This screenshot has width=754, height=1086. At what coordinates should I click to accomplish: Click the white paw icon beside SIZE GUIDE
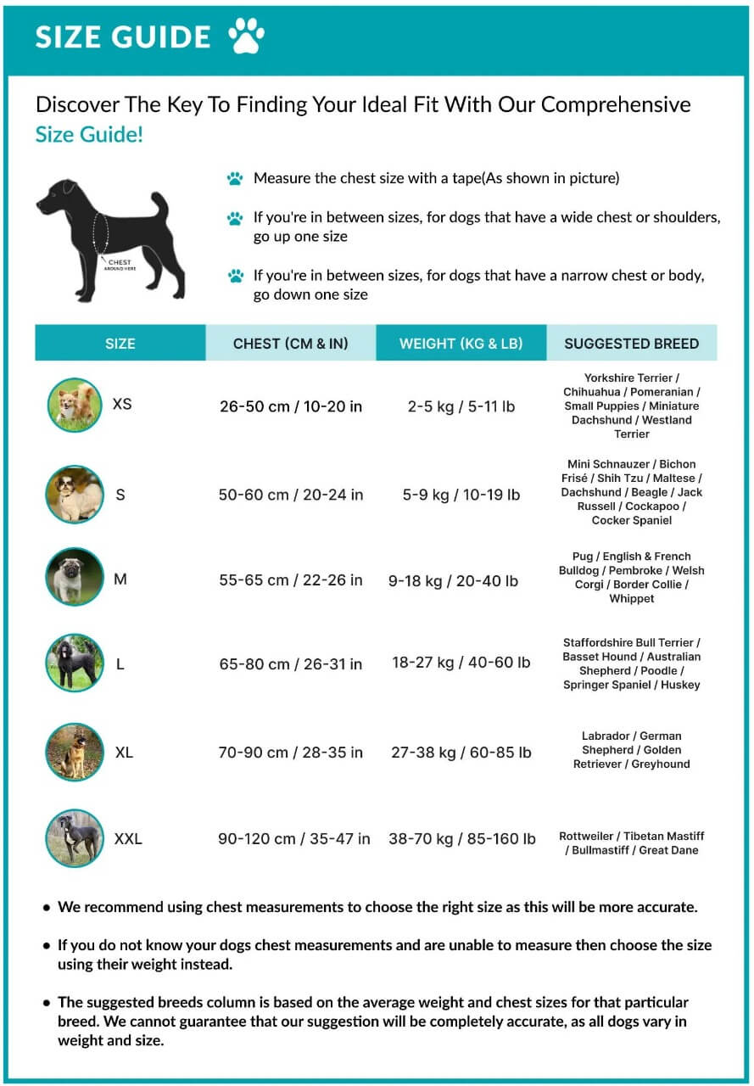tap(246, 36)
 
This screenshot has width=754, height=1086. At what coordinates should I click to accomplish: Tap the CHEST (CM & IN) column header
tap(291, 344)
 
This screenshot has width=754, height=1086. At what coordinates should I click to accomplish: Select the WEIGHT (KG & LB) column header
tap(461, 344)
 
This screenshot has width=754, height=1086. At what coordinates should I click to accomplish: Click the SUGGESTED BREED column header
tap(632, 344)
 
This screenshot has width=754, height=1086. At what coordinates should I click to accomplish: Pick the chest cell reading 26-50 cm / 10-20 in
tap(291, 406)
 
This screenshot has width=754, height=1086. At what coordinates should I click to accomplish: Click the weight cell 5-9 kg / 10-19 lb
tap(461, 495)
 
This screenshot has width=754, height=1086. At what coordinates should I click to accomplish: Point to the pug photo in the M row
tap(75, 577)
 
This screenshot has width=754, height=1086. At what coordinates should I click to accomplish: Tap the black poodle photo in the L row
tap(75, 663)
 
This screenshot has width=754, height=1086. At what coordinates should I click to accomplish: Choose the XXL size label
tap(128, 839)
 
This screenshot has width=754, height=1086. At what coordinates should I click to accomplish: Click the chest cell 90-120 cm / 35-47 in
tap(294, 839)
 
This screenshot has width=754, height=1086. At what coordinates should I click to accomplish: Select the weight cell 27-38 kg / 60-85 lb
tap(461, 753)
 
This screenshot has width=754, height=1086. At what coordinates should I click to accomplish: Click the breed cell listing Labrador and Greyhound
tap(632, 750)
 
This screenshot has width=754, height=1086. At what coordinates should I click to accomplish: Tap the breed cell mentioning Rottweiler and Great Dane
tap(632, 843)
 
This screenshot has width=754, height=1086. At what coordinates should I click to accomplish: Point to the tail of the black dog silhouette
tap(159, 204)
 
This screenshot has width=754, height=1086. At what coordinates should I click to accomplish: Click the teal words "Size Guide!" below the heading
tap(89, 134)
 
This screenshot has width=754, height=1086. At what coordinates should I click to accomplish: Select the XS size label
tap(122, 404)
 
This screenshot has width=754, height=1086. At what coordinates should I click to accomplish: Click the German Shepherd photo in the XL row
tap(75, 753)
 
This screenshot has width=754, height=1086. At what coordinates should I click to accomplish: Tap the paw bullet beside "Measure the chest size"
tap(235, 179)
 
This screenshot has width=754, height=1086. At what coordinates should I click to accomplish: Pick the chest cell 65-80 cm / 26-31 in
tap(291, 664)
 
